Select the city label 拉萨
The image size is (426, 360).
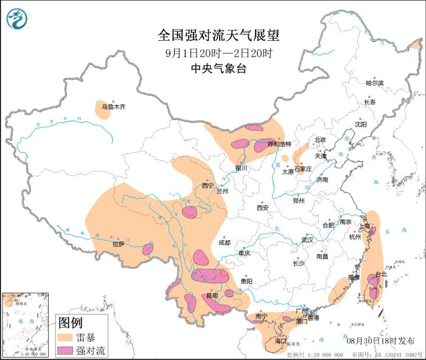(x=118, y=244)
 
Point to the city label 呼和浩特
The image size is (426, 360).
(x=279, y=144)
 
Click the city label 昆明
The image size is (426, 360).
(x=212, y=296)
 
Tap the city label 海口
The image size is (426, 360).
(x=281, y=341)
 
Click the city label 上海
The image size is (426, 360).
(x=365, y=226)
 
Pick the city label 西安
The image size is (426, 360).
(x=262, y=207)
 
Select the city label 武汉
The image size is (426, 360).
(x=307, y=240)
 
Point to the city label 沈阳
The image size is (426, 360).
(x=361, y=124)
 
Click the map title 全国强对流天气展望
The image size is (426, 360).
(x=212, y=35)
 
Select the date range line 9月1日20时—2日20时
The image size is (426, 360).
(x=212, y=52)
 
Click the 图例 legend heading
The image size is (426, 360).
(x=70, y=322)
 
